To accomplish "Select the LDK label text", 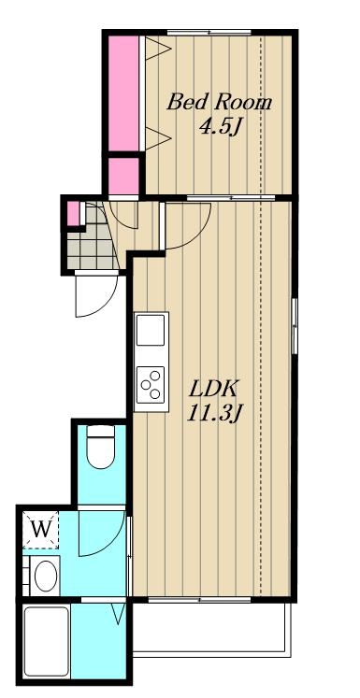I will click(213, 387).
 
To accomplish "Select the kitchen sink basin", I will click(150, 332).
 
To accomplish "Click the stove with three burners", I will click(150, 384).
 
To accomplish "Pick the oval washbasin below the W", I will click(44, 575).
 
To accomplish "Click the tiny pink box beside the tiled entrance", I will click(72, 214).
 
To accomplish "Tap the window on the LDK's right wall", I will click(294, 324).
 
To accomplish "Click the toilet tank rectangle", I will click(100, 432).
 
